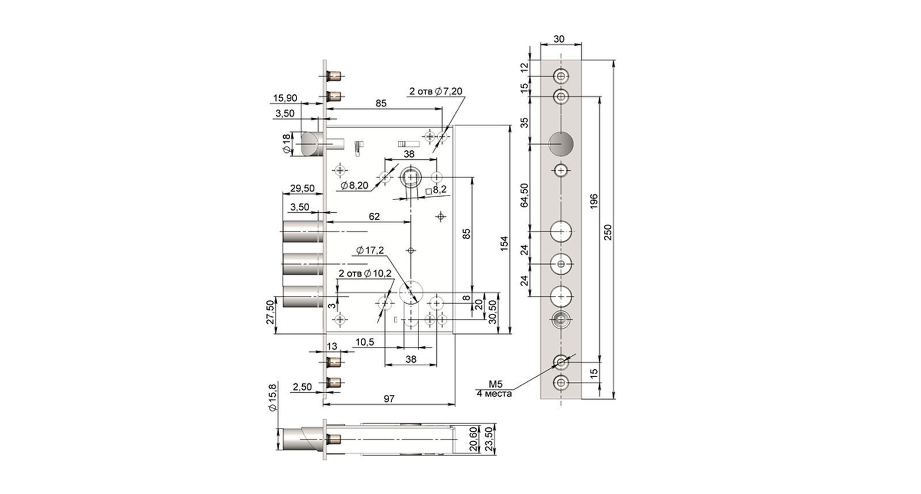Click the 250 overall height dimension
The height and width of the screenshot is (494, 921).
(x=608, y=232)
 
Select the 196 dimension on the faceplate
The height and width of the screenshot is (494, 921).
(x=593, y=201)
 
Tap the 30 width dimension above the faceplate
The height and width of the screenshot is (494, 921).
(x=559, y=39)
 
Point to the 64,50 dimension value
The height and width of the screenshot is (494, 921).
(x=524, y=195)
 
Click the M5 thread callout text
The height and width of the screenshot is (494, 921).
(x=496, y=384)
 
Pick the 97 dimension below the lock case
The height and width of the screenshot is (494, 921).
(x=389, y=399)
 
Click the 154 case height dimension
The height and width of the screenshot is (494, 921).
(x=504, y=243)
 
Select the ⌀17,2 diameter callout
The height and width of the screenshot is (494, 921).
(x=370, y=250)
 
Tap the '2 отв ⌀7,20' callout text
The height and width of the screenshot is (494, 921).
(x=436, y=91)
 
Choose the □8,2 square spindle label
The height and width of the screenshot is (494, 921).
(x=436, y=190)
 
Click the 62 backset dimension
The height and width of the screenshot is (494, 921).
(x=374, y=216)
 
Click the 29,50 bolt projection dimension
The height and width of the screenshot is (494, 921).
(x=302, y=189)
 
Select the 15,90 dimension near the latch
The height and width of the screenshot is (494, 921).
(x=285, y=98)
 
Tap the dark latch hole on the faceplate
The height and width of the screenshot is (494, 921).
(x=561, y=144)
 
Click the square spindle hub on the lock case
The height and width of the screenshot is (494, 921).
(x=411, y=177)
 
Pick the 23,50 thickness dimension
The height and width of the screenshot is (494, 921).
(x=489, y=439)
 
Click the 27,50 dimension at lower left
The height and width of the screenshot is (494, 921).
(x=270, y=312)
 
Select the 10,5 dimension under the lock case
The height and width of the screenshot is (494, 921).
(x=365, y=342)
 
